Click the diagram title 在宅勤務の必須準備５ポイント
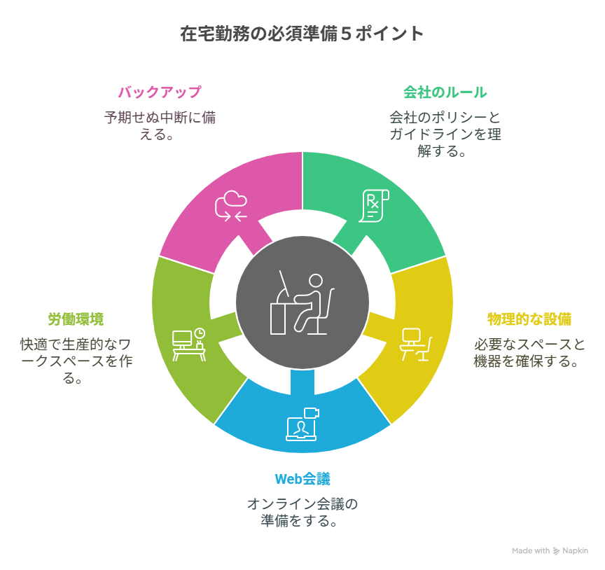tap(302, 34)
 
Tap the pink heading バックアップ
tap(160, 92)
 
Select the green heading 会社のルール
tap(445, 92)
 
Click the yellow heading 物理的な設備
tap(529, 319)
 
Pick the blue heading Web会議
tap(302, 479)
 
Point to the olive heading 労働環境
tap(76, 319)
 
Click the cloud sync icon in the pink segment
tap(231, 206)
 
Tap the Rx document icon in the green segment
tap(373, 206)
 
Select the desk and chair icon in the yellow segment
tap(415, 345)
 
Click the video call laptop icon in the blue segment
tap(302, 424)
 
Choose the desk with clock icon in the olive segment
tap(188, 345)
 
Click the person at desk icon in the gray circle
tap(302, 303)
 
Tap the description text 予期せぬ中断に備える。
tap(160, 126)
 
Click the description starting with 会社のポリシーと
tap(445, 134)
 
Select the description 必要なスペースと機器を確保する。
tap(529, 353)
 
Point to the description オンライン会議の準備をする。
tap(302, 513)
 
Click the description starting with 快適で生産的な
tap(76, 361)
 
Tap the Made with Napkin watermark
tap(550, 550)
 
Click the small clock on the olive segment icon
tap(200, 333)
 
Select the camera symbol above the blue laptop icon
tap(312, 412)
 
